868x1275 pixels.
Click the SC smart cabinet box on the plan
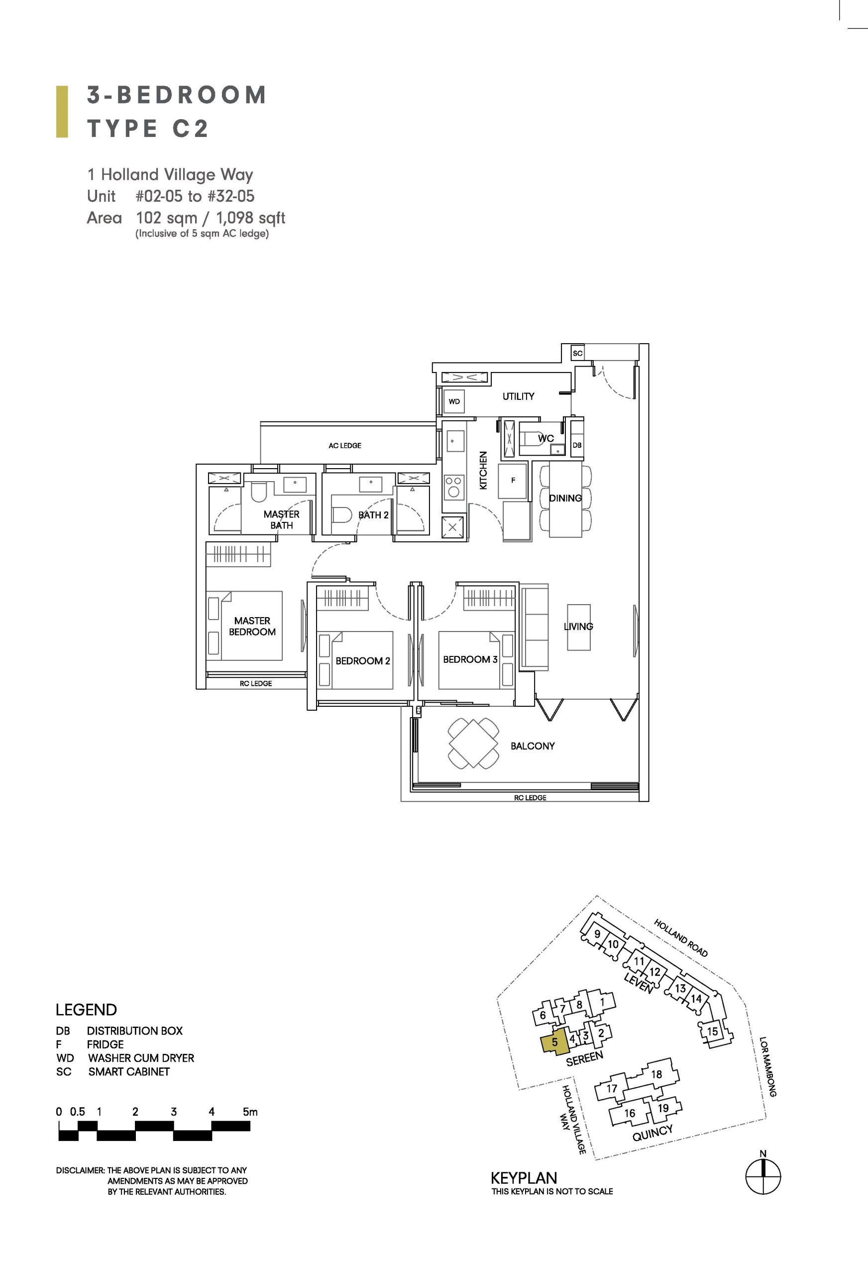[577, 353]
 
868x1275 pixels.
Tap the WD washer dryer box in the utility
[454, 401]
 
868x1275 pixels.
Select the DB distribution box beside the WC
[577, 445]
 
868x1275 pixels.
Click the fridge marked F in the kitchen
[513, 480]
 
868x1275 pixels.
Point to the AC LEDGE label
[345, 445]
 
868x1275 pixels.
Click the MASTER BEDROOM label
[252, 626]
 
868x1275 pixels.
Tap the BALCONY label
[533, 746]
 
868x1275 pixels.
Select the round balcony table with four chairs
[474, 744]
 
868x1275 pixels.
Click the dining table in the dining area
[566, 499]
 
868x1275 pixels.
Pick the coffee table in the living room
[579, 627]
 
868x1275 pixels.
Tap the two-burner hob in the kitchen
[453, 486]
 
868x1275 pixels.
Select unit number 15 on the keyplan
[712, 1031]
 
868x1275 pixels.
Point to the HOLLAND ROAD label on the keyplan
[681, 938]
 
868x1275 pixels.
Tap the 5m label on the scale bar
[250, 1112]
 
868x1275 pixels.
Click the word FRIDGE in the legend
[106, 1044]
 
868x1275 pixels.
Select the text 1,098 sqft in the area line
[250, 218]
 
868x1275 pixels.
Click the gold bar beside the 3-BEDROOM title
[62, 112]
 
